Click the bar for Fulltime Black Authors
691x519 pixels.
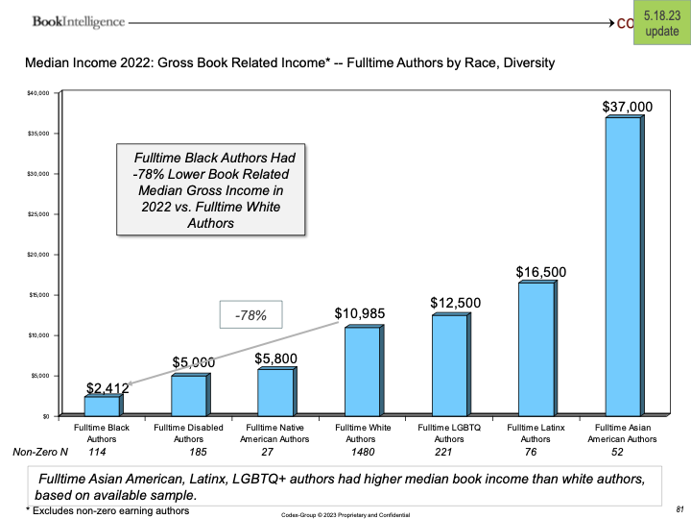(103, 406)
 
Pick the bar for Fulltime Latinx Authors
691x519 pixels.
(536, 350)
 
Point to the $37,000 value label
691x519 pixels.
(627, 107)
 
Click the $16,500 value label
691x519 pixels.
(540, 272)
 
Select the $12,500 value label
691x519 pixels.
(456, 304)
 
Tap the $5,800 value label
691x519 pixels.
(276, 358)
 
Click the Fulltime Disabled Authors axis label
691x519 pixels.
(189, 432)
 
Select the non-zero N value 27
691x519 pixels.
(270, 451)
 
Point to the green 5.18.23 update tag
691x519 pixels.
(662, 22)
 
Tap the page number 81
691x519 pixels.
(679, 507)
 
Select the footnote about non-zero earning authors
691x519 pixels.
(107, 510)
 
